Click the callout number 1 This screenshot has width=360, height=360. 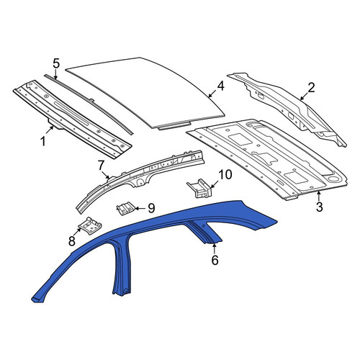[43, 141]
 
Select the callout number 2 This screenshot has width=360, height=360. [311, 88]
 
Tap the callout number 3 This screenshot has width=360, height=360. [319, 207]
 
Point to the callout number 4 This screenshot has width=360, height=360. [220, 86]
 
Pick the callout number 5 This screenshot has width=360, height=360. [55, 63]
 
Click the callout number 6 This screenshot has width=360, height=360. [215, 260]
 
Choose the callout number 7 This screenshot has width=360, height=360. [101, 166]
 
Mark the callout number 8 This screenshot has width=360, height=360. [72, 241]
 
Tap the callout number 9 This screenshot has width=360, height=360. [151, 208]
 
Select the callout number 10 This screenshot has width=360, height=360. [225, 175]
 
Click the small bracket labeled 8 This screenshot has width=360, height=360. [90, 225]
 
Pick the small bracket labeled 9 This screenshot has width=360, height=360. [125, 208]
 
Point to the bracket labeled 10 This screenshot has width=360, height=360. [199, 189]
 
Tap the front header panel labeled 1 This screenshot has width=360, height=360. [72, 120]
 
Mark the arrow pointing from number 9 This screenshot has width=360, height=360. [140, 208]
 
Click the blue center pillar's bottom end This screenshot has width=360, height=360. [122, 293]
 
